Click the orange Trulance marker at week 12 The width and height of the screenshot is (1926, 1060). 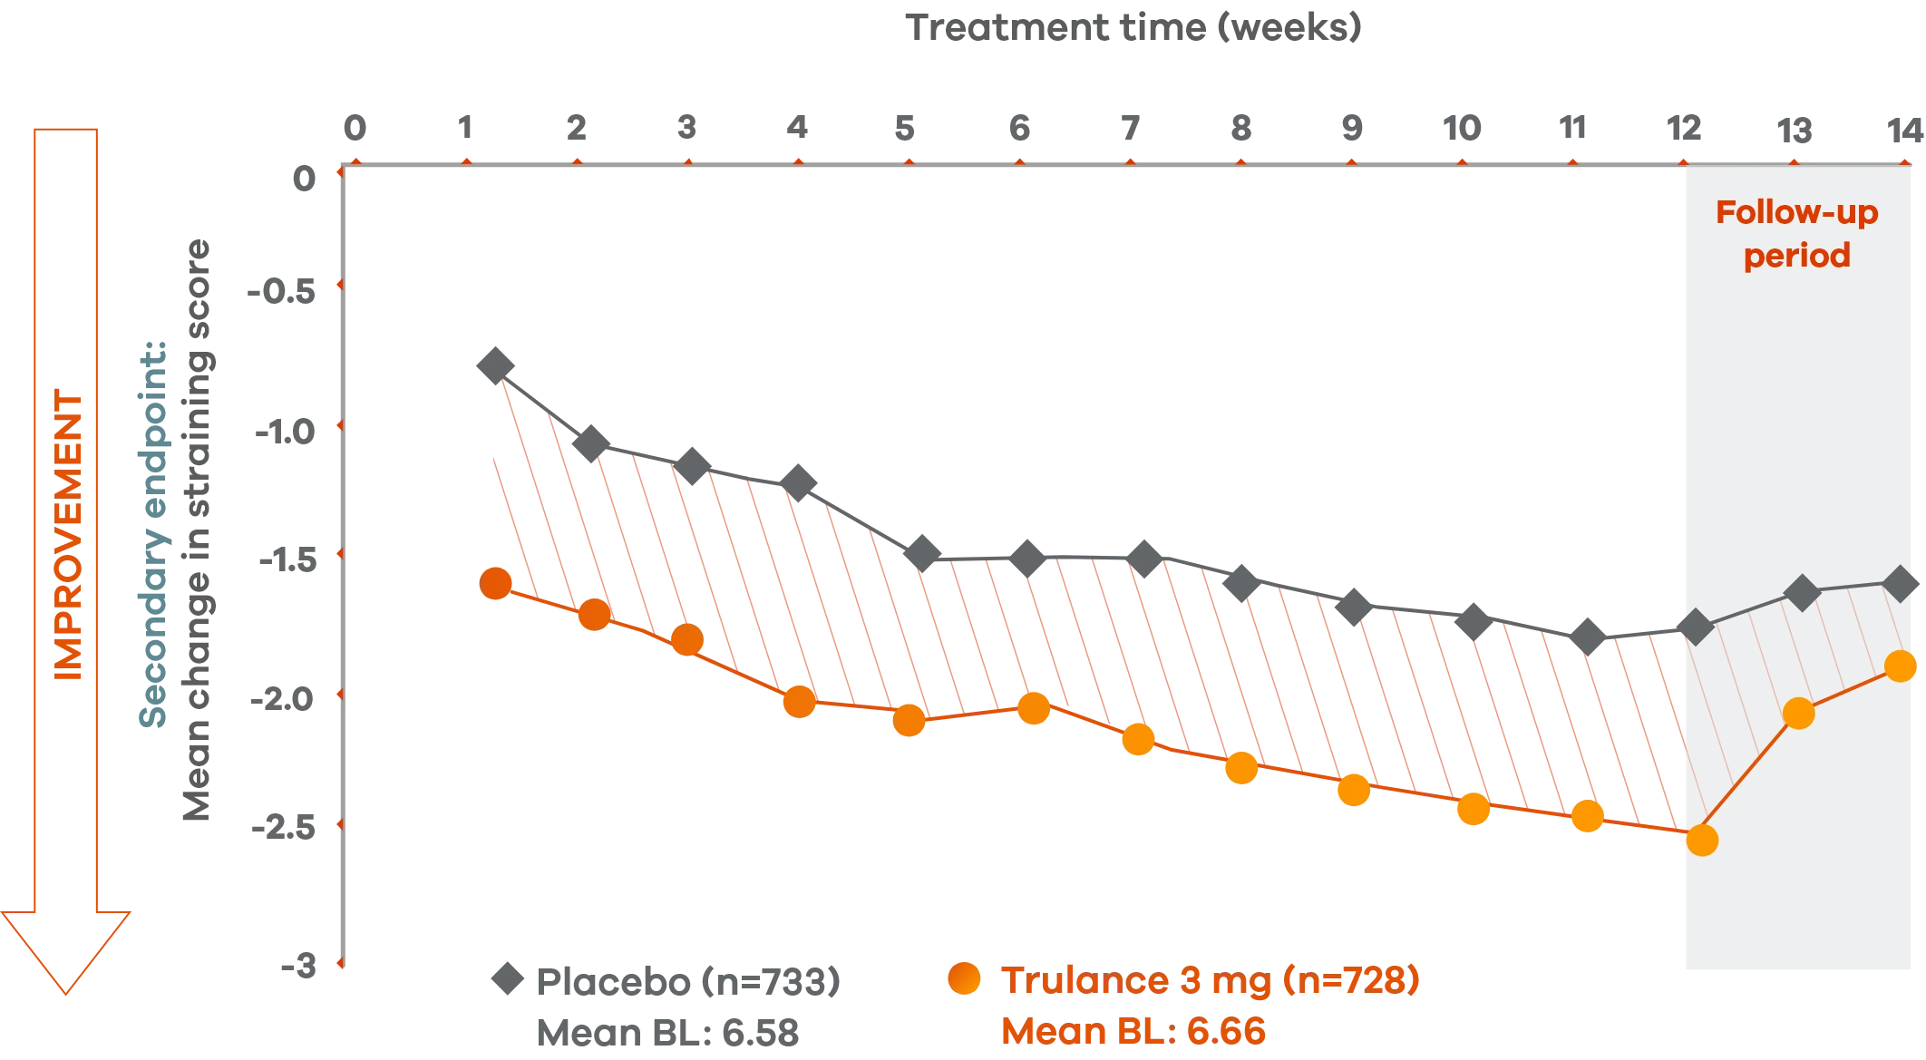(1702, 841)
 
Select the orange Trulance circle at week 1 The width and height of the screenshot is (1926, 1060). (495, 583)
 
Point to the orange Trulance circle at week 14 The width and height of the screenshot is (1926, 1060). (1902, 666)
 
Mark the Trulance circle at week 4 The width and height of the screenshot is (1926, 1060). (800, 701)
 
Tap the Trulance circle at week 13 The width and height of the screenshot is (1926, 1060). (1798, 714)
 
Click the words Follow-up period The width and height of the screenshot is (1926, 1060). (1796, 234)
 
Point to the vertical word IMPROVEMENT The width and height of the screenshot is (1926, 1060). (70, 535)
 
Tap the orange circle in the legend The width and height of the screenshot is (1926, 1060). (963, 980)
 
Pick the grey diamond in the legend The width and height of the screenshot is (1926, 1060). (506, 980)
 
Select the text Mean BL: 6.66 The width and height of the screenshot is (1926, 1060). (1133, 1031)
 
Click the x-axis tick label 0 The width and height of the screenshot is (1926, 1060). (355, 128)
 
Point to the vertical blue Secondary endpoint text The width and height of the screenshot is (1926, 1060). (154, 535)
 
